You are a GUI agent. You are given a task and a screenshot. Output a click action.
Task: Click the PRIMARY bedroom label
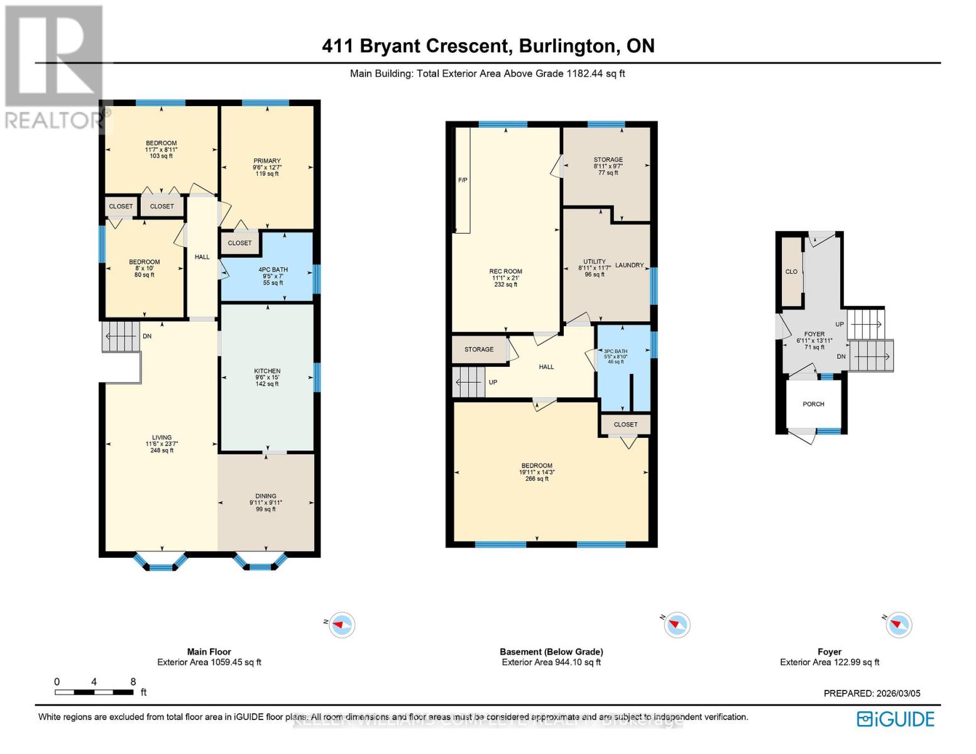267,161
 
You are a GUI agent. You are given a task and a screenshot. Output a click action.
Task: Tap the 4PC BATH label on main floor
273,270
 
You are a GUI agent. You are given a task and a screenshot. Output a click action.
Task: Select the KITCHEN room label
267,371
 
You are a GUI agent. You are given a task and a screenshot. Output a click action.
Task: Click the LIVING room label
162,438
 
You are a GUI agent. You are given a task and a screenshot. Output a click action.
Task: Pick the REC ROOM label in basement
505,272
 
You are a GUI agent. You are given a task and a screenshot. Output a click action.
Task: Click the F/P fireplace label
463,180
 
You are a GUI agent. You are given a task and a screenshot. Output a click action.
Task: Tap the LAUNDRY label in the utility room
629,265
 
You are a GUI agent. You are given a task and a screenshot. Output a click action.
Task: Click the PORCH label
813,404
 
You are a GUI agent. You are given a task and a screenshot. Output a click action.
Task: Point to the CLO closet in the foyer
791,272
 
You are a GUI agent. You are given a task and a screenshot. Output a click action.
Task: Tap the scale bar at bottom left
94,692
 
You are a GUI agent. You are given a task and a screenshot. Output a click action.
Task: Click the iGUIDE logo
896,719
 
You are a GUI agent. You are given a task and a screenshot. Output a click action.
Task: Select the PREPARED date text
872,694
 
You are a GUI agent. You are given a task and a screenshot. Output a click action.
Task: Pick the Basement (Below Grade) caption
551,652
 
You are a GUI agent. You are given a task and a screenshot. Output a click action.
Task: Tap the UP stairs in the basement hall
469,382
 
